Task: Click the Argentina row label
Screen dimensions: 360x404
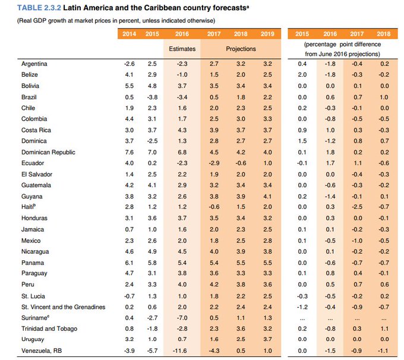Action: tap(35, 63)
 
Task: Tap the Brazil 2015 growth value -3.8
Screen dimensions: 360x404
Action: tap(151, 96)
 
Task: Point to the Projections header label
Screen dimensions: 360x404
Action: tap(241, 48)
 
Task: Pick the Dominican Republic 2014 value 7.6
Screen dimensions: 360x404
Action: tap(129, 152)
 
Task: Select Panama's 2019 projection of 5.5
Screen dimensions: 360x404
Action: tap(267, 263)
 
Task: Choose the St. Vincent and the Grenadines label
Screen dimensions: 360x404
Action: tap(62, 307)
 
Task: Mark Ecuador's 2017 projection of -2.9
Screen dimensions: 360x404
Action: tap(214, 163)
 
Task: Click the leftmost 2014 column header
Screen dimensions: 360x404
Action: tap(128, 34)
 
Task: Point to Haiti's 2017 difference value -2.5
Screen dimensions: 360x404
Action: tap(358, 207)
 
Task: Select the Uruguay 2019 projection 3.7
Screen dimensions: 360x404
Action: tap(267, 340)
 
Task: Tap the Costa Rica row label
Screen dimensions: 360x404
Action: tap(37, 130)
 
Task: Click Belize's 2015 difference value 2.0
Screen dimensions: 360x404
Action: tap(302, 74)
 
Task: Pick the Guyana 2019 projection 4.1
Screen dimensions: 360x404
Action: tap(267, 196)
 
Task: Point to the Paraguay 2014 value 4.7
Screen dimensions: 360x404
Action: tap(129, 274)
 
